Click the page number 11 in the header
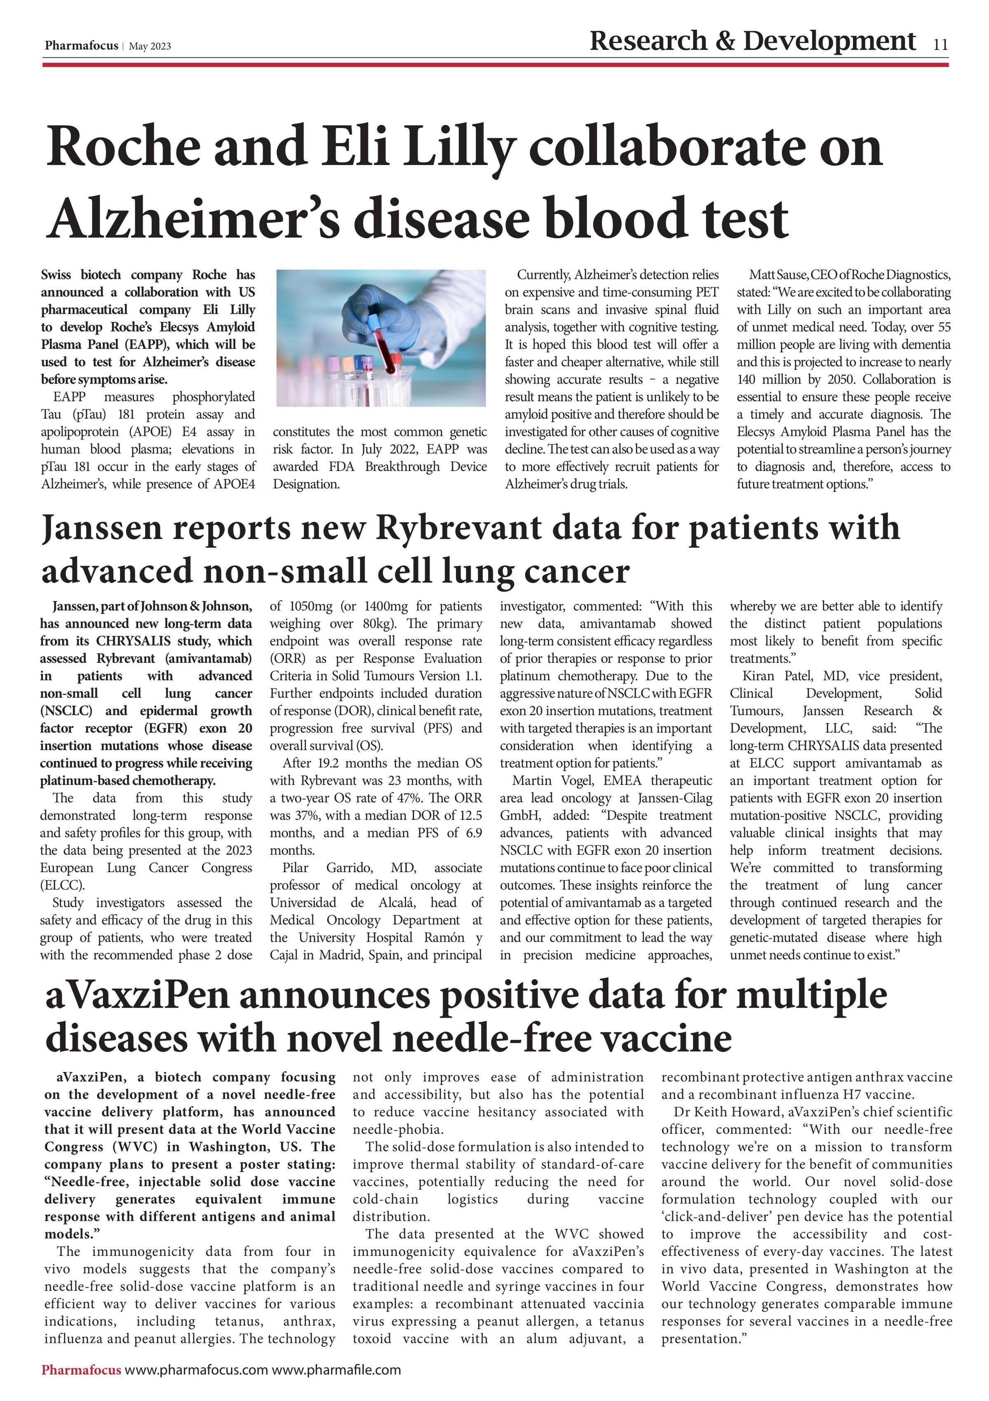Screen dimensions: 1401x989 (940, 44)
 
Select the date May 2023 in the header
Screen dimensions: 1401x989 (150, 47)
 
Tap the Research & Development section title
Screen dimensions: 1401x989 (752, 41)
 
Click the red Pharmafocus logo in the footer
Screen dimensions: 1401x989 (81, 1370)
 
